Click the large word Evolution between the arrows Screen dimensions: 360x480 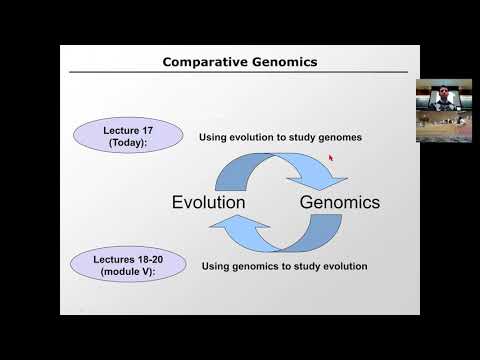coord(208,202)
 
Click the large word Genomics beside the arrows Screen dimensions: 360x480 coord(340,202)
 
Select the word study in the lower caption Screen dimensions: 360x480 coord(303,267)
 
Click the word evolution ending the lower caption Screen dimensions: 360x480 coord(343,267)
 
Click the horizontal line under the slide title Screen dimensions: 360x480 coord(240,73)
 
